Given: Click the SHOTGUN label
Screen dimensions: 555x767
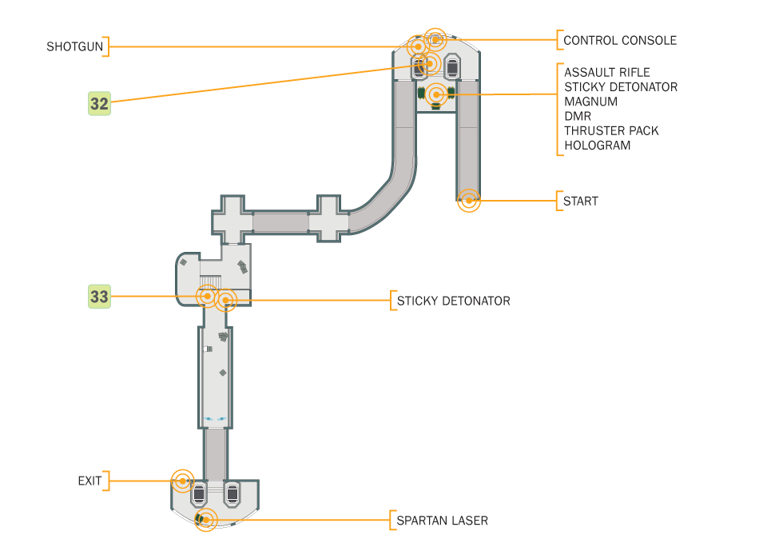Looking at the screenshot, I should click(x=74, y=46).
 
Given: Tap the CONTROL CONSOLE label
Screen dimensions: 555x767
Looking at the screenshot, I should click(x=619, y=40).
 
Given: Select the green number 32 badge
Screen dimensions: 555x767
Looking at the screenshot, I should click(x=99, y=103).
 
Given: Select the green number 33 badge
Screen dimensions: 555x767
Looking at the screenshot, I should click(x=99, y=297).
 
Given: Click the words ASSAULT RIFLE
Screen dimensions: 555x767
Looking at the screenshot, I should click(x=606, y=72).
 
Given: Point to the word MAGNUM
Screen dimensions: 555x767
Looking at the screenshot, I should click(x=590, y=102).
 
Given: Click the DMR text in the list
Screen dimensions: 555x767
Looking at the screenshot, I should click(x=578, y=116).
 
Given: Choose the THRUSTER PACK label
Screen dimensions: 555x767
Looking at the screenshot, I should click(x=611, y=130).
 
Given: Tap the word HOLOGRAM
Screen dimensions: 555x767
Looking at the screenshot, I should click(x=597, y=146).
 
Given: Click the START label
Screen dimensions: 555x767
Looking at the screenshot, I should click(x=580, y=201).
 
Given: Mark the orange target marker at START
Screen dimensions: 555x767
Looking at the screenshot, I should click(x=469, y=200).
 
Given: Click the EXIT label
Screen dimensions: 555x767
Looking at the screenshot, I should click(x=89, y=481).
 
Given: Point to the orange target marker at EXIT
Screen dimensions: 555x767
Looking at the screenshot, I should click(x=183, y=481).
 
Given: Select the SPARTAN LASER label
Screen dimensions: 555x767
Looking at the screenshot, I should click(x=442, y=521).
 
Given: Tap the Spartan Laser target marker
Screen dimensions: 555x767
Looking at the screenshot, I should click(x=205, y=520).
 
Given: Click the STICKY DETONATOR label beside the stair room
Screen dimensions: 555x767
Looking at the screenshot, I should click(x=453, y=301).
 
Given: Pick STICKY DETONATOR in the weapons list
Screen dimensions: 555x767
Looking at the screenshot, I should click(x=620, y=86).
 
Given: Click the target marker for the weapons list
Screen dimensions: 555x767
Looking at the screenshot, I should click(x=435, y=94).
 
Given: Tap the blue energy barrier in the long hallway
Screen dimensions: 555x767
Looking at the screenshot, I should click(x=215, y=418).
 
